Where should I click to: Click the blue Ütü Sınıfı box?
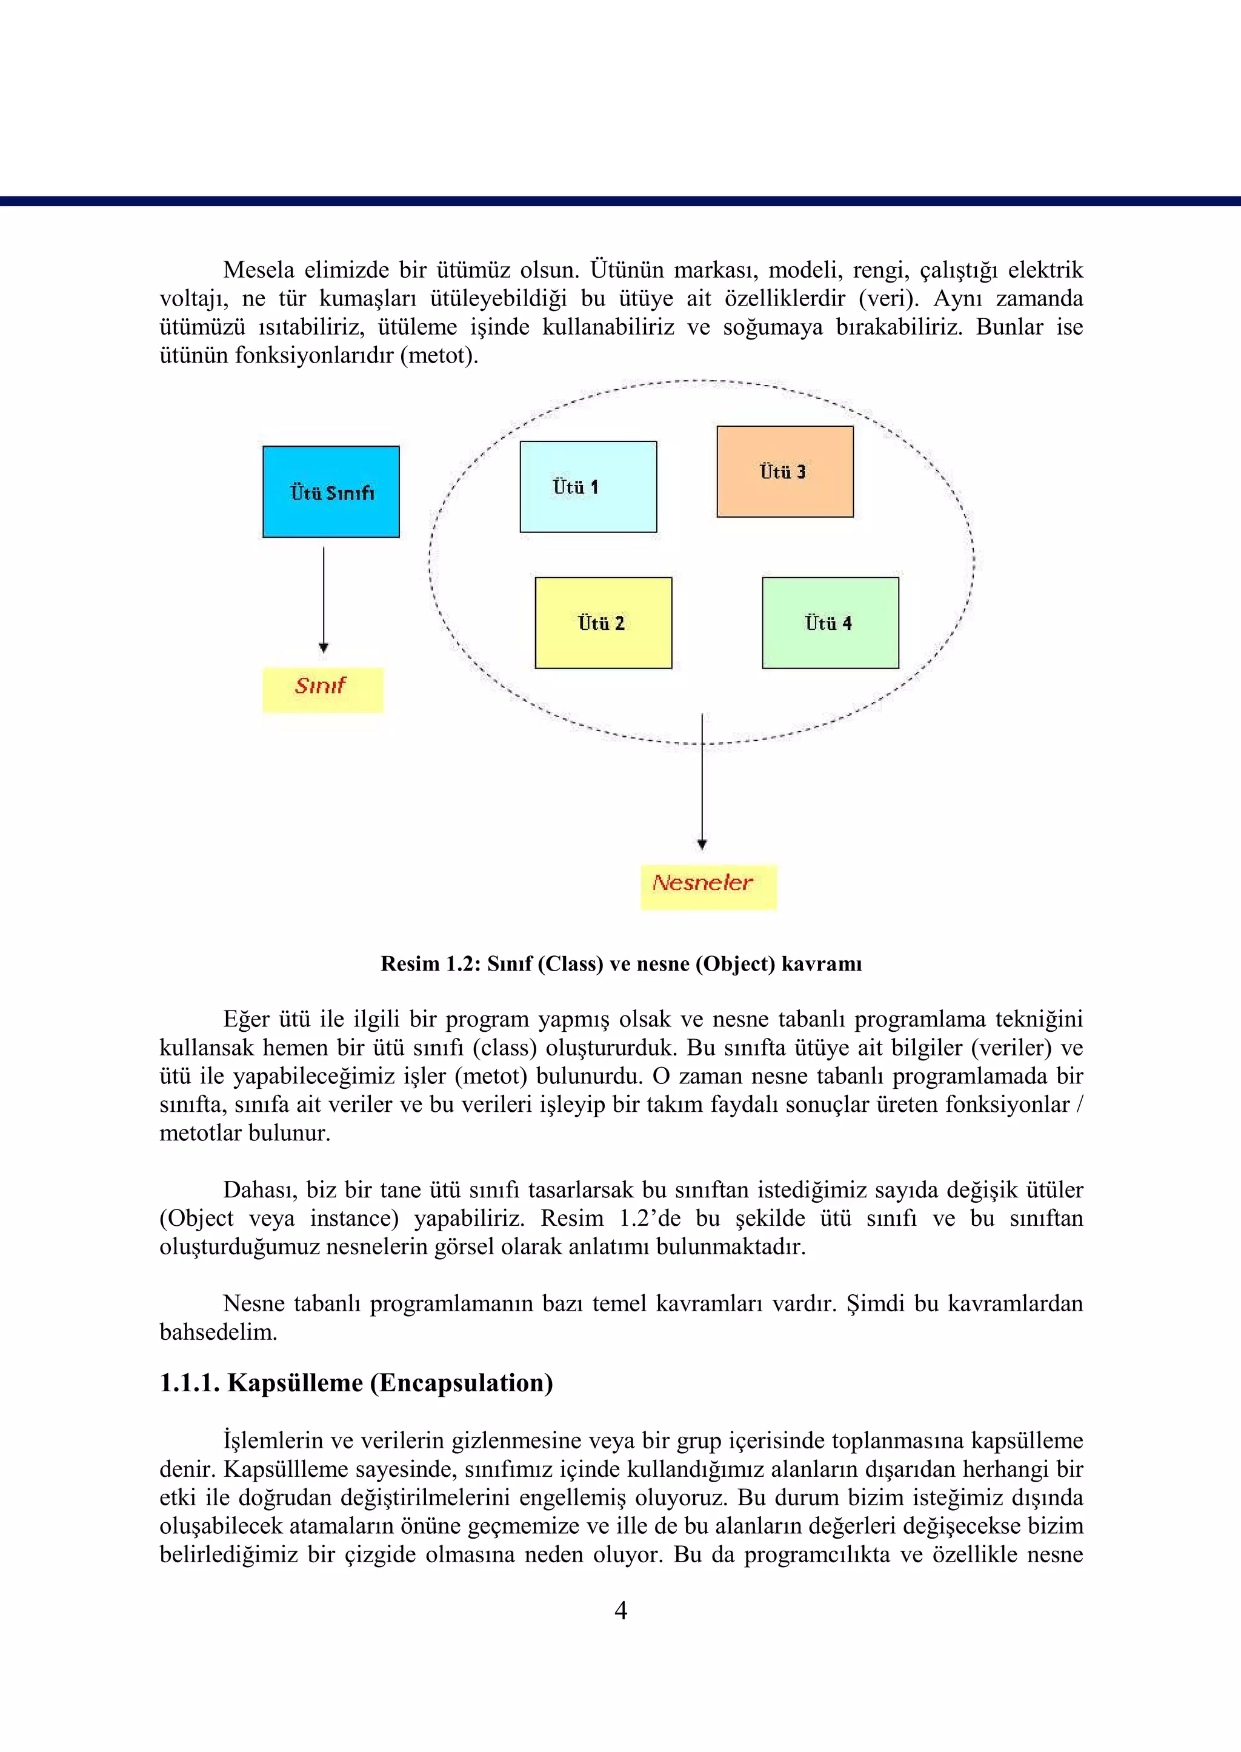[331, 492]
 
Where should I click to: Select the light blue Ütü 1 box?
[588, 486]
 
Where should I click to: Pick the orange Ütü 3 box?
[785, 471]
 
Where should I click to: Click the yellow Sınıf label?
[322, 689]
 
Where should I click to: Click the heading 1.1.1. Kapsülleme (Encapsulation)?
[356, 1383]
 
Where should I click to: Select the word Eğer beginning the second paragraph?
[246, 1019]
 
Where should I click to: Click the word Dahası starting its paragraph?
[260, 1189]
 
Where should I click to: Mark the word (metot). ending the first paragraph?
[439, 355]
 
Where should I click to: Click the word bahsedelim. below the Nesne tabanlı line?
[218, 1332]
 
